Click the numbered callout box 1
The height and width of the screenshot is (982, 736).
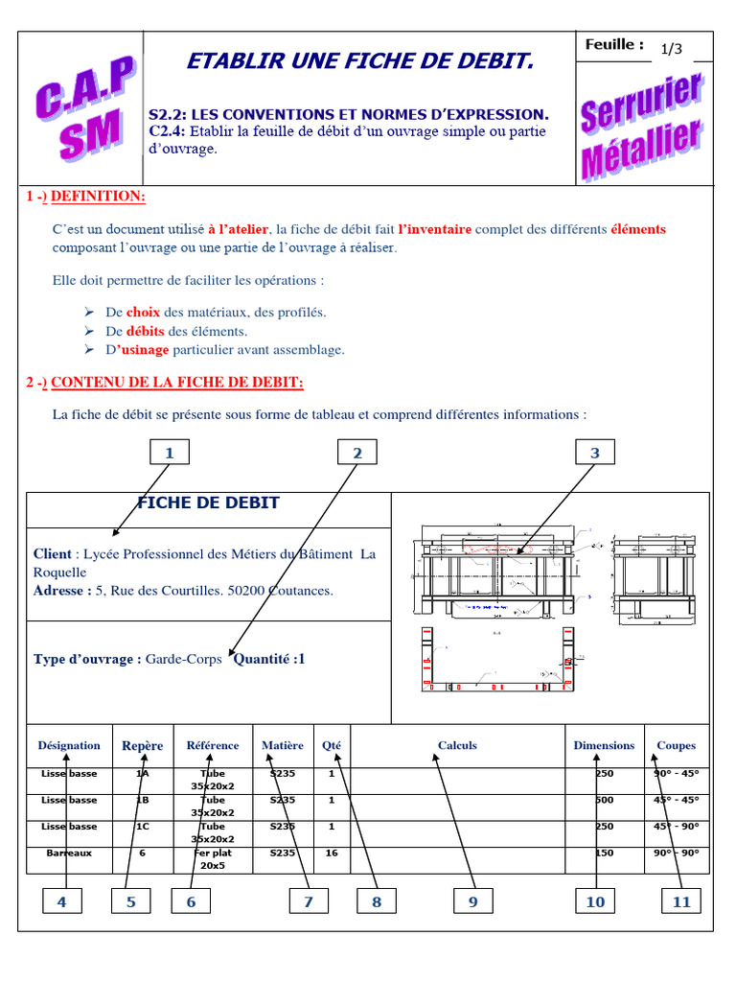tap(170, 453)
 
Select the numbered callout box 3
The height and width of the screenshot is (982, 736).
tap(594, 453)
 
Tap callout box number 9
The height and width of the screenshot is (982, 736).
tap(472, 900)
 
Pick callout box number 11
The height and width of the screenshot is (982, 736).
tap(680, 900)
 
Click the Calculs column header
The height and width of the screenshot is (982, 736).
tap(457, 745)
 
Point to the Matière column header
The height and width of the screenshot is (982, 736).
tap(283, 745)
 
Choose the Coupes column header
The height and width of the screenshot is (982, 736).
tap(676, 745)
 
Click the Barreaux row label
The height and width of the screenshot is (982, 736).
tap(69, 853)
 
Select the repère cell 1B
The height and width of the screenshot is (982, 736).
tap(142, 800)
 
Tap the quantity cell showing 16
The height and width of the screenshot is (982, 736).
tap(332, 853)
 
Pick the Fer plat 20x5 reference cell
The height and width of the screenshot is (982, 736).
tap(213, 858)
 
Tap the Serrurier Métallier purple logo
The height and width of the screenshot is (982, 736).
tap(640, 126)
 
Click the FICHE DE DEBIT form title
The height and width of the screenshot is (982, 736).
tap(209, 503)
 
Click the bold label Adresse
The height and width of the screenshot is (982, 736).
tap(62, 591)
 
